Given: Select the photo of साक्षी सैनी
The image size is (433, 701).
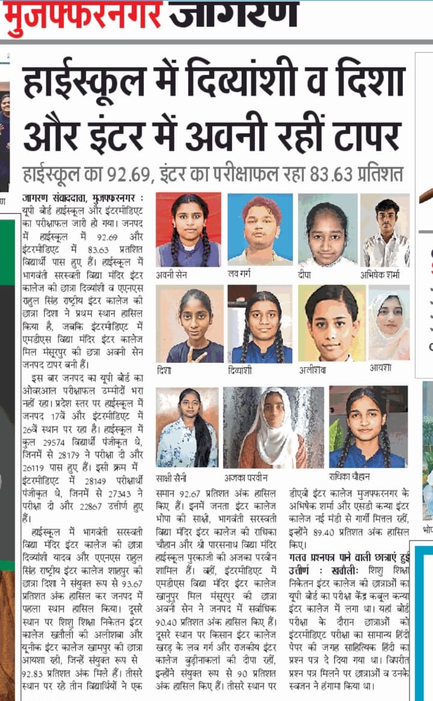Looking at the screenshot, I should (x=186, y=427).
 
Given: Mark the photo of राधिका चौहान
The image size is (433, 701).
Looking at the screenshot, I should (x=368, y=427).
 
